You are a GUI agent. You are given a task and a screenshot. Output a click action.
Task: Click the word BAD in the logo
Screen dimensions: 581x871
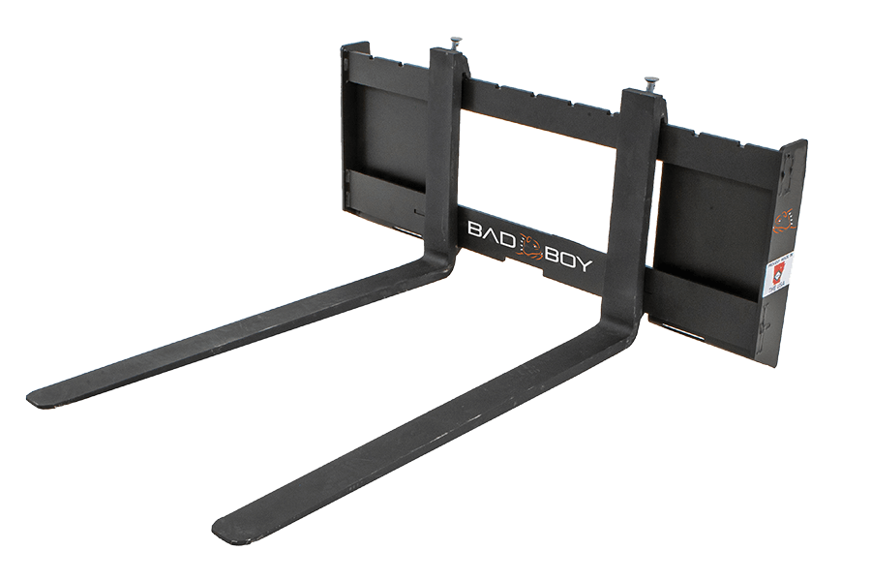tap(487, 232)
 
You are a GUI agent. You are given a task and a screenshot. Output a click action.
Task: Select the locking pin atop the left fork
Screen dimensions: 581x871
tap(453, 45)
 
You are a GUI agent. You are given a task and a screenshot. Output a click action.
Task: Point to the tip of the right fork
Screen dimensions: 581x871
tap(223, 529)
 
